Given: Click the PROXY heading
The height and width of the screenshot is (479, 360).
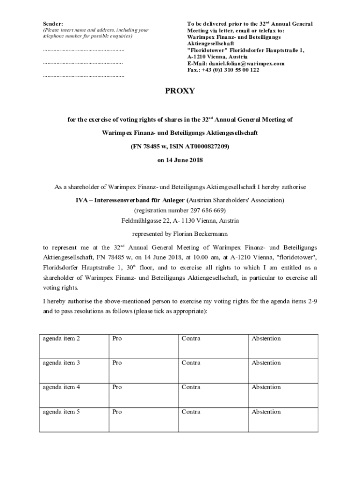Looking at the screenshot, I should (x=180, y=91).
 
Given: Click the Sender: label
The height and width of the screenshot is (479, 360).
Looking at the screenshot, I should (x=53, y=23).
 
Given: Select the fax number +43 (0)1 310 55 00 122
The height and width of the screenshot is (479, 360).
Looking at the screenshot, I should (x=230, y=70).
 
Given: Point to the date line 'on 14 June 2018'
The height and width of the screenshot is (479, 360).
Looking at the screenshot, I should (x=180, y=160).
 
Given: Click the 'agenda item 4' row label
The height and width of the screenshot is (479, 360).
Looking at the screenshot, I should (x=61, y=387).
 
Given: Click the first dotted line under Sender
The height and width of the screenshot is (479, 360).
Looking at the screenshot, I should (x=83, y=49).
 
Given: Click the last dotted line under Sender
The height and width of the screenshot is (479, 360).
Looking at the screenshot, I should (x=83, y=75).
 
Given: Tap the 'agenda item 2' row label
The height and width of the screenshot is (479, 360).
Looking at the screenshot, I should (x=61, y=339).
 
